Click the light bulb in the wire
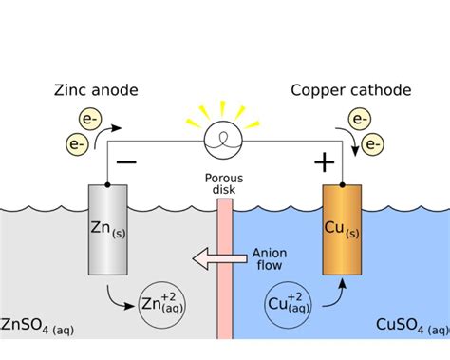[226, 143]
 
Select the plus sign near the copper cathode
[325, 162]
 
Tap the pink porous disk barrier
[225, 275]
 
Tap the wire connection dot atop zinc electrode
[106, 183]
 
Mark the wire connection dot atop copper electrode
[344, 183]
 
